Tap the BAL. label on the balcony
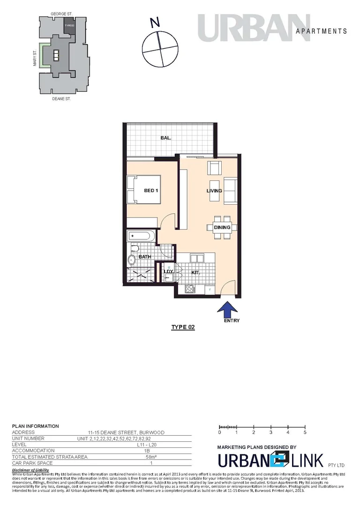click(x=165, y=138)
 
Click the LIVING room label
click(x=214, y=191)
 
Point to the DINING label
click(x=222, y=228)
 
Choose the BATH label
click(x=144, y=256)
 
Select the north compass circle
click(x=160, y=49)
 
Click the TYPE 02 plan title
click(x=183, y=327)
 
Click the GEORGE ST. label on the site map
click(x=61, y=15)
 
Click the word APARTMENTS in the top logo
click(x=322, y=31)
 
